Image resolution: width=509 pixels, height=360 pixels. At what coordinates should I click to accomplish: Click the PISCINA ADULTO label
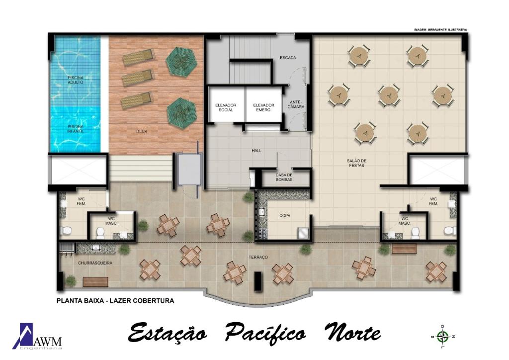click(x=76, y=80)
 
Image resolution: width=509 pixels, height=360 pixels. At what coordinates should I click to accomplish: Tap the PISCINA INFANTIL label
click(x=76, y=129)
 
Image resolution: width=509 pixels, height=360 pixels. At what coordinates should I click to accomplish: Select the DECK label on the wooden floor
click(x=142, y=131)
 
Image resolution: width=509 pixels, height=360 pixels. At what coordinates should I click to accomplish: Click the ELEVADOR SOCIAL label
click(x=226, y=107)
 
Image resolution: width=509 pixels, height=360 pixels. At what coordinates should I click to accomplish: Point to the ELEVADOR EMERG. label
click(x=263, y=107)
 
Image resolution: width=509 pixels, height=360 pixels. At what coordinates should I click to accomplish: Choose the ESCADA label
click(x=288, y=58)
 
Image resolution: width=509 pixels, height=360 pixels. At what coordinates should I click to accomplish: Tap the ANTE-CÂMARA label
click(x=296, y=104)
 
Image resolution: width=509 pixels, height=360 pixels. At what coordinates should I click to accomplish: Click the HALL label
click(x=256, y=151)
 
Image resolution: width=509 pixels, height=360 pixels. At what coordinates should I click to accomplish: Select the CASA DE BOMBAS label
click(x=284, y=177)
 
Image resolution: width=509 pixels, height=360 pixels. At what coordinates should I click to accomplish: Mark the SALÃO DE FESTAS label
click(x=356, y=163)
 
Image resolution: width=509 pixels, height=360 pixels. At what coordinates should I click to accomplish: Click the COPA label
click(x=285, y=215)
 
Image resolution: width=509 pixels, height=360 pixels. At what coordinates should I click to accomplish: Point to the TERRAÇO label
click(x=258, y=257)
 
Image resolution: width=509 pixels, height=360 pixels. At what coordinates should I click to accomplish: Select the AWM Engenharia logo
click(x=37, y=336)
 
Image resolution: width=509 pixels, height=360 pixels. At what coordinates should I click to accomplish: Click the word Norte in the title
click(x=352, y=333)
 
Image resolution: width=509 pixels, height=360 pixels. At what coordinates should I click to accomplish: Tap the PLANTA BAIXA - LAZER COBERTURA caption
click(x=115, y=301)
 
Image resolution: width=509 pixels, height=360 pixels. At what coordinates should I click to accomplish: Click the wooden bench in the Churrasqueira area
click(x=96, y=282)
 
